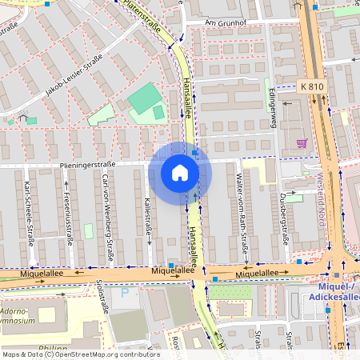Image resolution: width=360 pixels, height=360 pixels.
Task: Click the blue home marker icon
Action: pos(180,173)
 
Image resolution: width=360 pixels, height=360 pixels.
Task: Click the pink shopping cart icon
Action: pos(302,143)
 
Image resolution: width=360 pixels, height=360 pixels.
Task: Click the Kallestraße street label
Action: pos(148,218)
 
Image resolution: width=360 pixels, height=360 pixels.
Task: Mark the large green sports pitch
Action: pos(143,100)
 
